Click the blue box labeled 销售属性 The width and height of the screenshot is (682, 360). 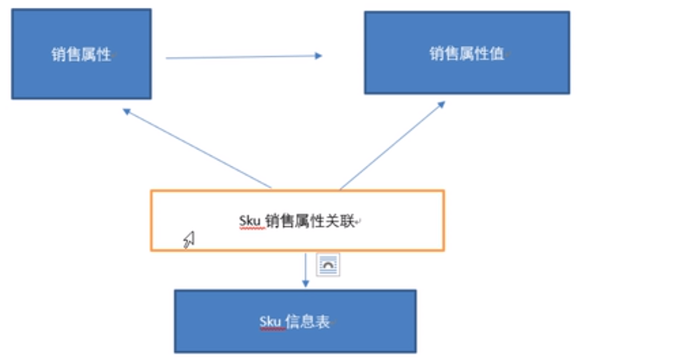81,54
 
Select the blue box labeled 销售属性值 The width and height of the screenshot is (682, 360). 466,53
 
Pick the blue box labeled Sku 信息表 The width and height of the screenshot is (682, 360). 295,321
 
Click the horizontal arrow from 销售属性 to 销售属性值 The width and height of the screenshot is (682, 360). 242,57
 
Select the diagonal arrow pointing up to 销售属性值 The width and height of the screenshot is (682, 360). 392,145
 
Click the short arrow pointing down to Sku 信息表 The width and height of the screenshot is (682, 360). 305,269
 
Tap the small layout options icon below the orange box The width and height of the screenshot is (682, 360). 328,265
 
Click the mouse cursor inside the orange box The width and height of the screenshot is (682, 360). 189,240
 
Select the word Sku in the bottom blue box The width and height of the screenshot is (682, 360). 270,322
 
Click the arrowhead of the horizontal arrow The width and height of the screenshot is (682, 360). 318,56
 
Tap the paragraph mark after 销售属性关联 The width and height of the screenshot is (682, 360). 359,223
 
